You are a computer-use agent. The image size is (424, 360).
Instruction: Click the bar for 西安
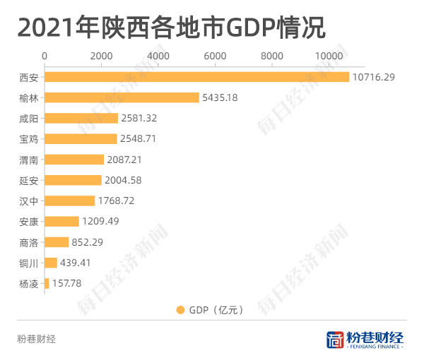pyautogui.click(x=196, y=77)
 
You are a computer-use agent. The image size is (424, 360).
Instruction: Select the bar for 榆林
pyautogui.click(x=122, y=97)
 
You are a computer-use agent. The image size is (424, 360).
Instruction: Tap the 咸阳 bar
pyautogui.click(x=81, y=118)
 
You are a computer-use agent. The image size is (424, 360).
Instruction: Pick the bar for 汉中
pyautogui.click(x=70, y=200)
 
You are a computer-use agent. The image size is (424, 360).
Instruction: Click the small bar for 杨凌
pyautogui.click(x=47, y=283)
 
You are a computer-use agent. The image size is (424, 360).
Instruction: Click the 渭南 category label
pyautogui.click(x=29, y=160)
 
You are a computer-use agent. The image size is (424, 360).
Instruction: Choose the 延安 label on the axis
pyautogui.click(x=29, y=180)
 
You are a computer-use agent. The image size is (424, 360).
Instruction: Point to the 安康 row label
pyautogui.click(x=29, y=222)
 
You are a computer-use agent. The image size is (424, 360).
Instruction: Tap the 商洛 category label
pyautogui.click(x=29, y=242)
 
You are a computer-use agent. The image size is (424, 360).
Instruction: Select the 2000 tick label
pyautogui.click(x=101, y=56)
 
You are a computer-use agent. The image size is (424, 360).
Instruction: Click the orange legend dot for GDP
pyautogui.click(x=180, y=309)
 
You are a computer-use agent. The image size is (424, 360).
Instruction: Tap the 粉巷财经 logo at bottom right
pyautogui.click(x=365, y=340)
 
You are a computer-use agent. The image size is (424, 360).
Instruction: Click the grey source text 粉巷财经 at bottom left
pyautogui.click(x=36, y=339)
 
